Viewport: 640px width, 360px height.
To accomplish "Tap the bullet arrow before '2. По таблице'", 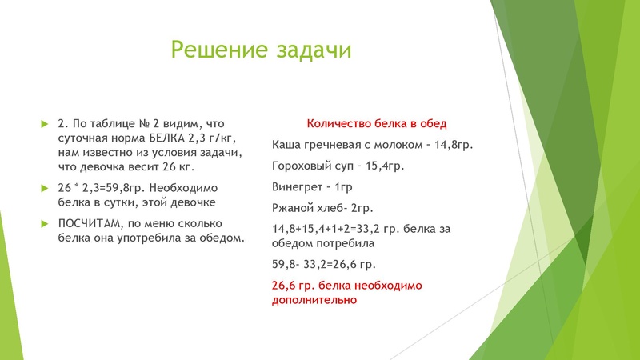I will tap(45, 124).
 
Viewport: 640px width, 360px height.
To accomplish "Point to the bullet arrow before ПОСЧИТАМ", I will tap(45, 223).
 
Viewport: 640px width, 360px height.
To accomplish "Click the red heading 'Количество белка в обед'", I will tap(376, 124).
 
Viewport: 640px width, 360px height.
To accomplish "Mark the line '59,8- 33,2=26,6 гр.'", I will tap(324, 264).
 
